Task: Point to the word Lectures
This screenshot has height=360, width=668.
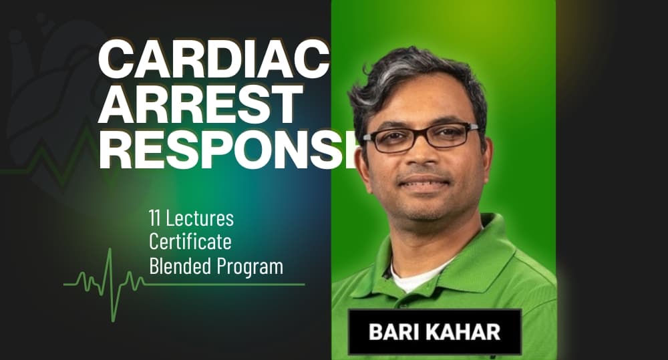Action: point(200,218)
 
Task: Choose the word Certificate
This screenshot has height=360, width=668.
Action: point(190,242)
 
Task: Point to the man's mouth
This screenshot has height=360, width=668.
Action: point(421,182)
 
